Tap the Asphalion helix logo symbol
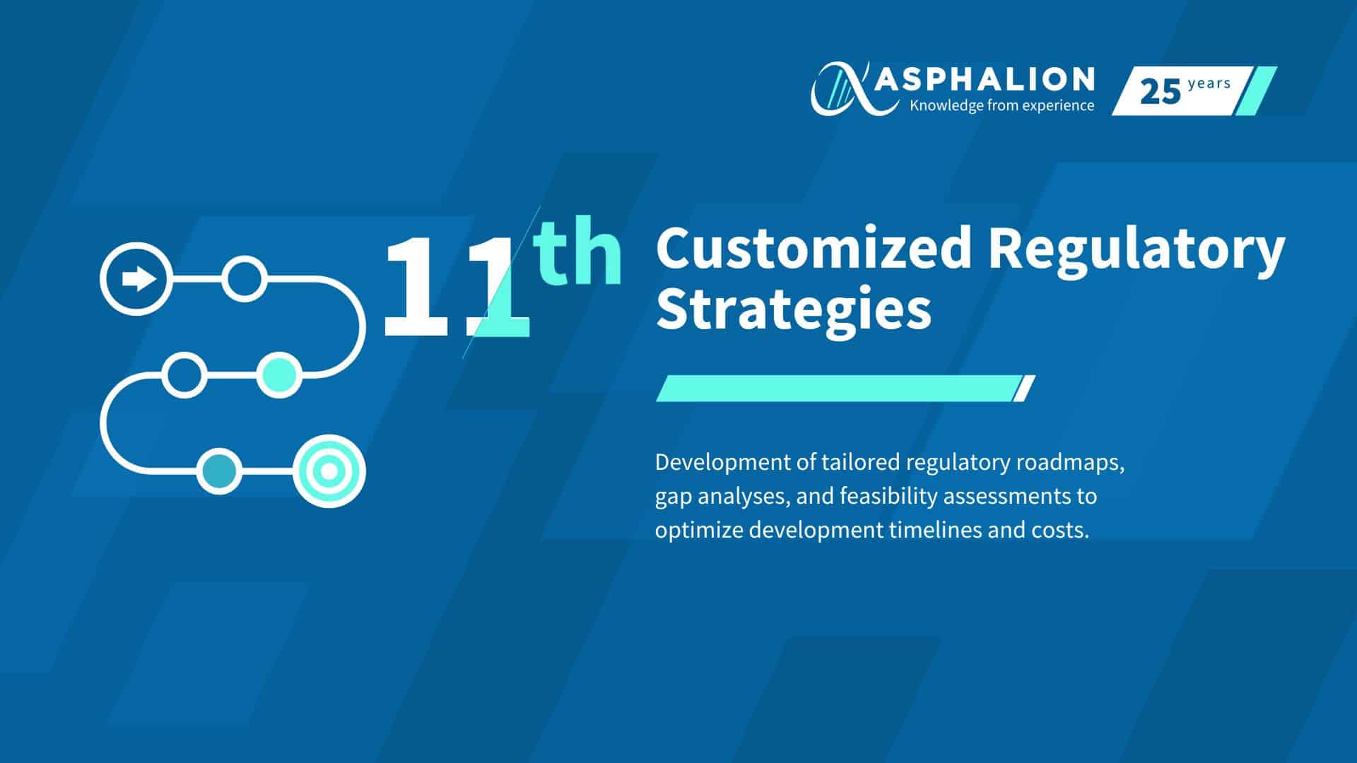[x=843, y=88]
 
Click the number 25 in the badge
[x=1161, y=92]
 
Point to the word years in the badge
[x=1209, y=83]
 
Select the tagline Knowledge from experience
[x=1002, y=106]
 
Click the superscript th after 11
[x=578, y=251]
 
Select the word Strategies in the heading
[x=794, y=311]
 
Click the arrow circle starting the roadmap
[x=136, y=278]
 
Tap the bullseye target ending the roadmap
[x=329, y=471]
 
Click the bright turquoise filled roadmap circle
[x=278, y=374]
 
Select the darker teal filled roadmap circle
[x=219, y=471]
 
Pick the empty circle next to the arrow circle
[x=245, y=279]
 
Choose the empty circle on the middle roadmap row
[x=184, y=374]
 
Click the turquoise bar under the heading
[x=845, y=389]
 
